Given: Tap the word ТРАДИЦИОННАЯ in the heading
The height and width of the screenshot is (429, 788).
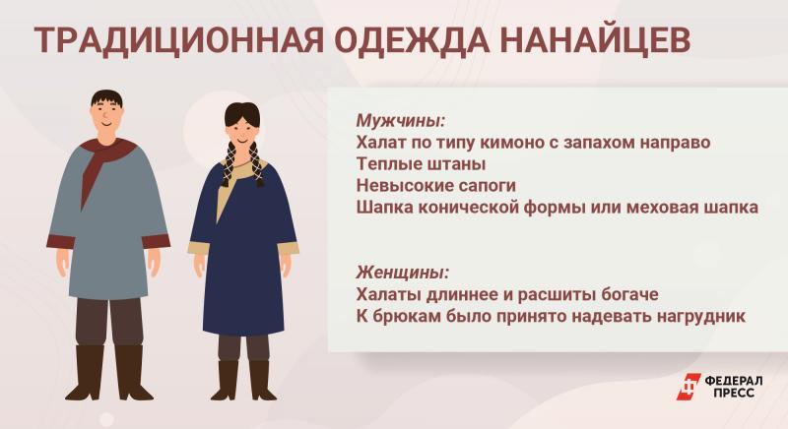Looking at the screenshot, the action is [x=178, y=40].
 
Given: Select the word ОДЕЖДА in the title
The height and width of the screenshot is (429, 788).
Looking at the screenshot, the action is [x=411, y=40].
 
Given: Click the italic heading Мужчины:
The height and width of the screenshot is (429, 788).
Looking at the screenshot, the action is [x=401, y=121].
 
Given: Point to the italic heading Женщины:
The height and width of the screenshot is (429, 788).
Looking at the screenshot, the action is [x=403, y=273].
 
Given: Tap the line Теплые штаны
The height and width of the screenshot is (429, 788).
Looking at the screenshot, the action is [x=422, y=164].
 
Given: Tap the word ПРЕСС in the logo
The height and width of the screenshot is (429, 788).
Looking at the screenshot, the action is [x=734, y=393].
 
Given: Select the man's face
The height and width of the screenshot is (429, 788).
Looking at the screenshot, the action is [x=107, y=118].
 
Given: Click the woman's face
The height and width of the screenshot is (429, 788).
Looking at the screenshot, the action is [x=242, y=133].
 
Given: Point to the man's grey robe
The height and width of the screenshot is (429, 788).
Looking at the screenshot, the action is [x=108, y=225].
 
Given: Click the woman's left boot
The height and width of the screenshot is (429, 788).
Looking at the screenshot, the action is [x=261, y=381].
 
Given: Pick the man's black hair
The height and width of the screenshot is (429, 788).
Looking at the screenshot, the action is [x=107, y=98].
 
